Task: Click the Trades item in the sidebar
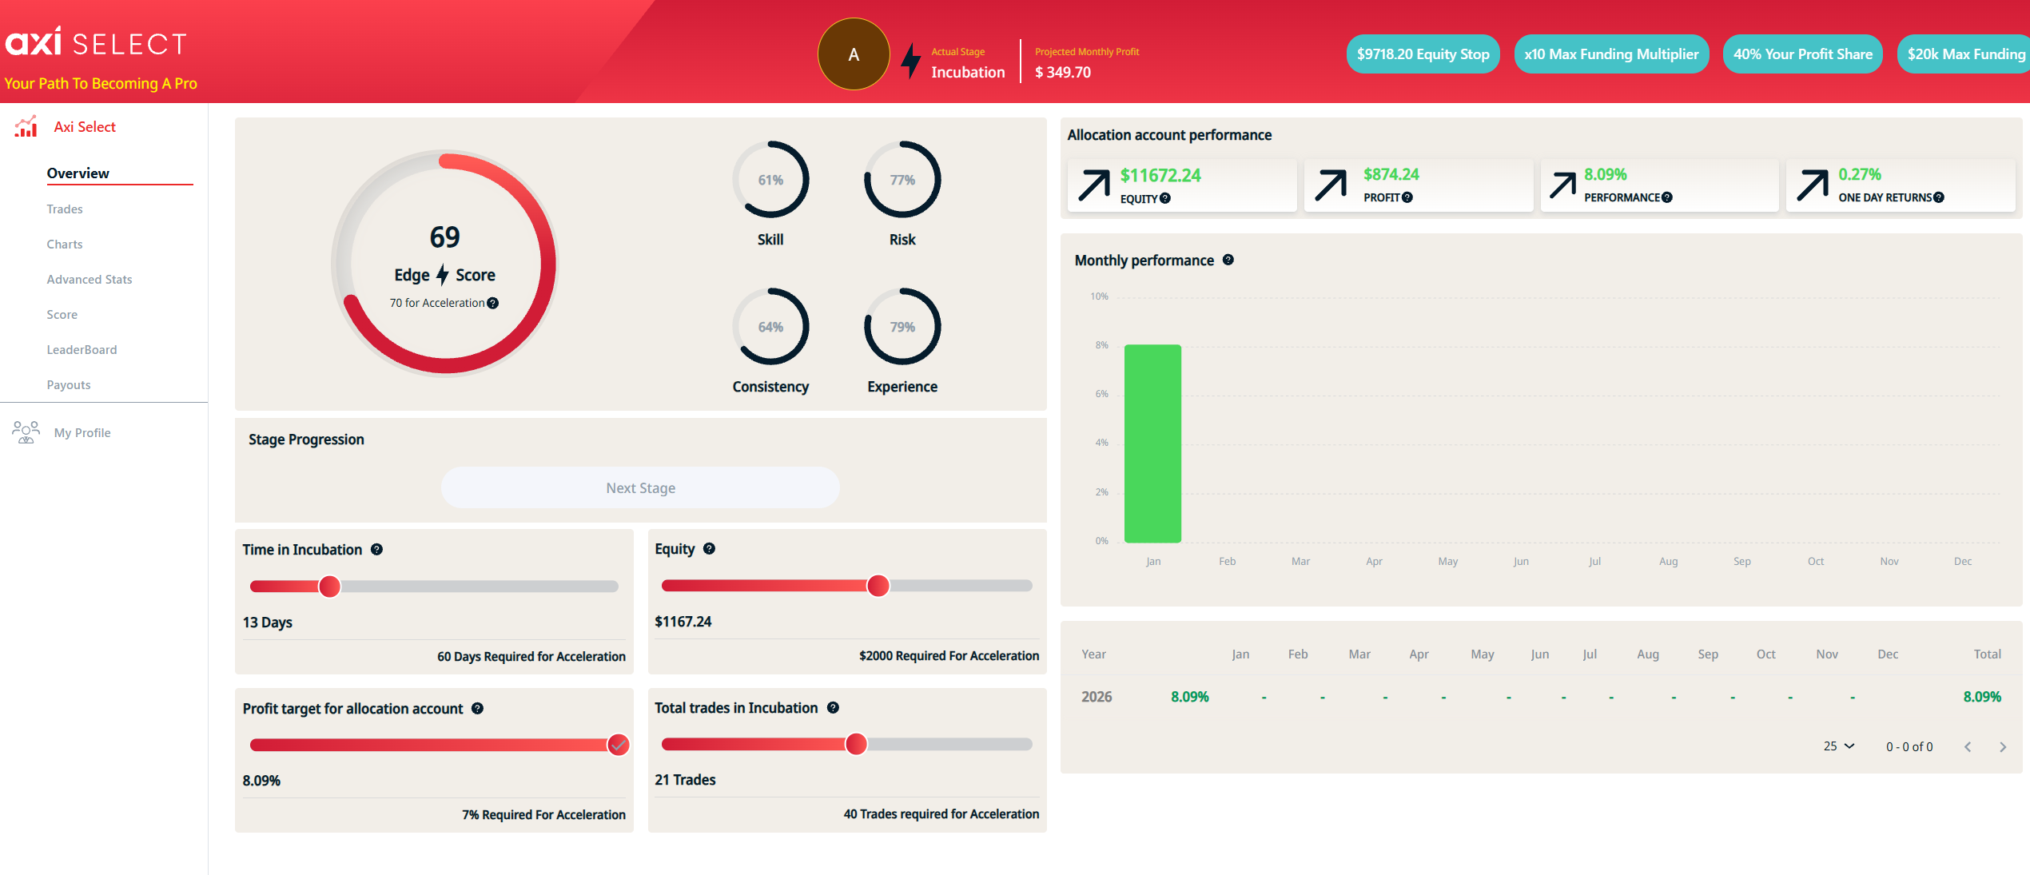[x=65, y=209]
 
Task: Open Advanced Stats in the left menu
[x=90, y=280]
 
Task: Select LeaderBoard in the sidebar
[x=82, y=350]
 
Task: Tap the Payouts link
[x=69, y=385]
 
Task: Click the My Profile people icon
[x=26, y=432]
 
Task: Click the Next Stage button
[x=640, y=488]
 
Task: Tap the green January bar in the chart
[x=1152, y=443]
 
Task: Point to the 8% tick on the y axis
[x=1102, y=345]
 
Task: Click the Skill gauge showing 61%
[x=770, y=180]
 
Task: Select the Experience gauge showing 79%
[x=902, y=327]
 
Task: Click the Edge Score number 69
[x=445, y=237]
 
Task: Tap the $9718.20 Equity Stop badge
[x=1423, y=54]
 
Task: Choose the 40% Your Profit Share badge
[x=1802, y=54]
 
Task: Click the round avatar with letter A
[x=854, y=54]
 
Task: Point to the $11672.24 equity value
[x=1160, y=176]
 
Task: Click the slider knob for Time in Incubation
[x=329, y=587]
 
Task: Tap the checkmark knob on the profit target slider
[x=618, y=746]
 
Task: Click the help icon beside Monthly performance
[x=1228, y=260]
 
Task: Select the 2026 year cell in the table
[x=1097, y=697]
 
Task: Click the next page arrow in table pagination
[x=2003, y=747]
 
